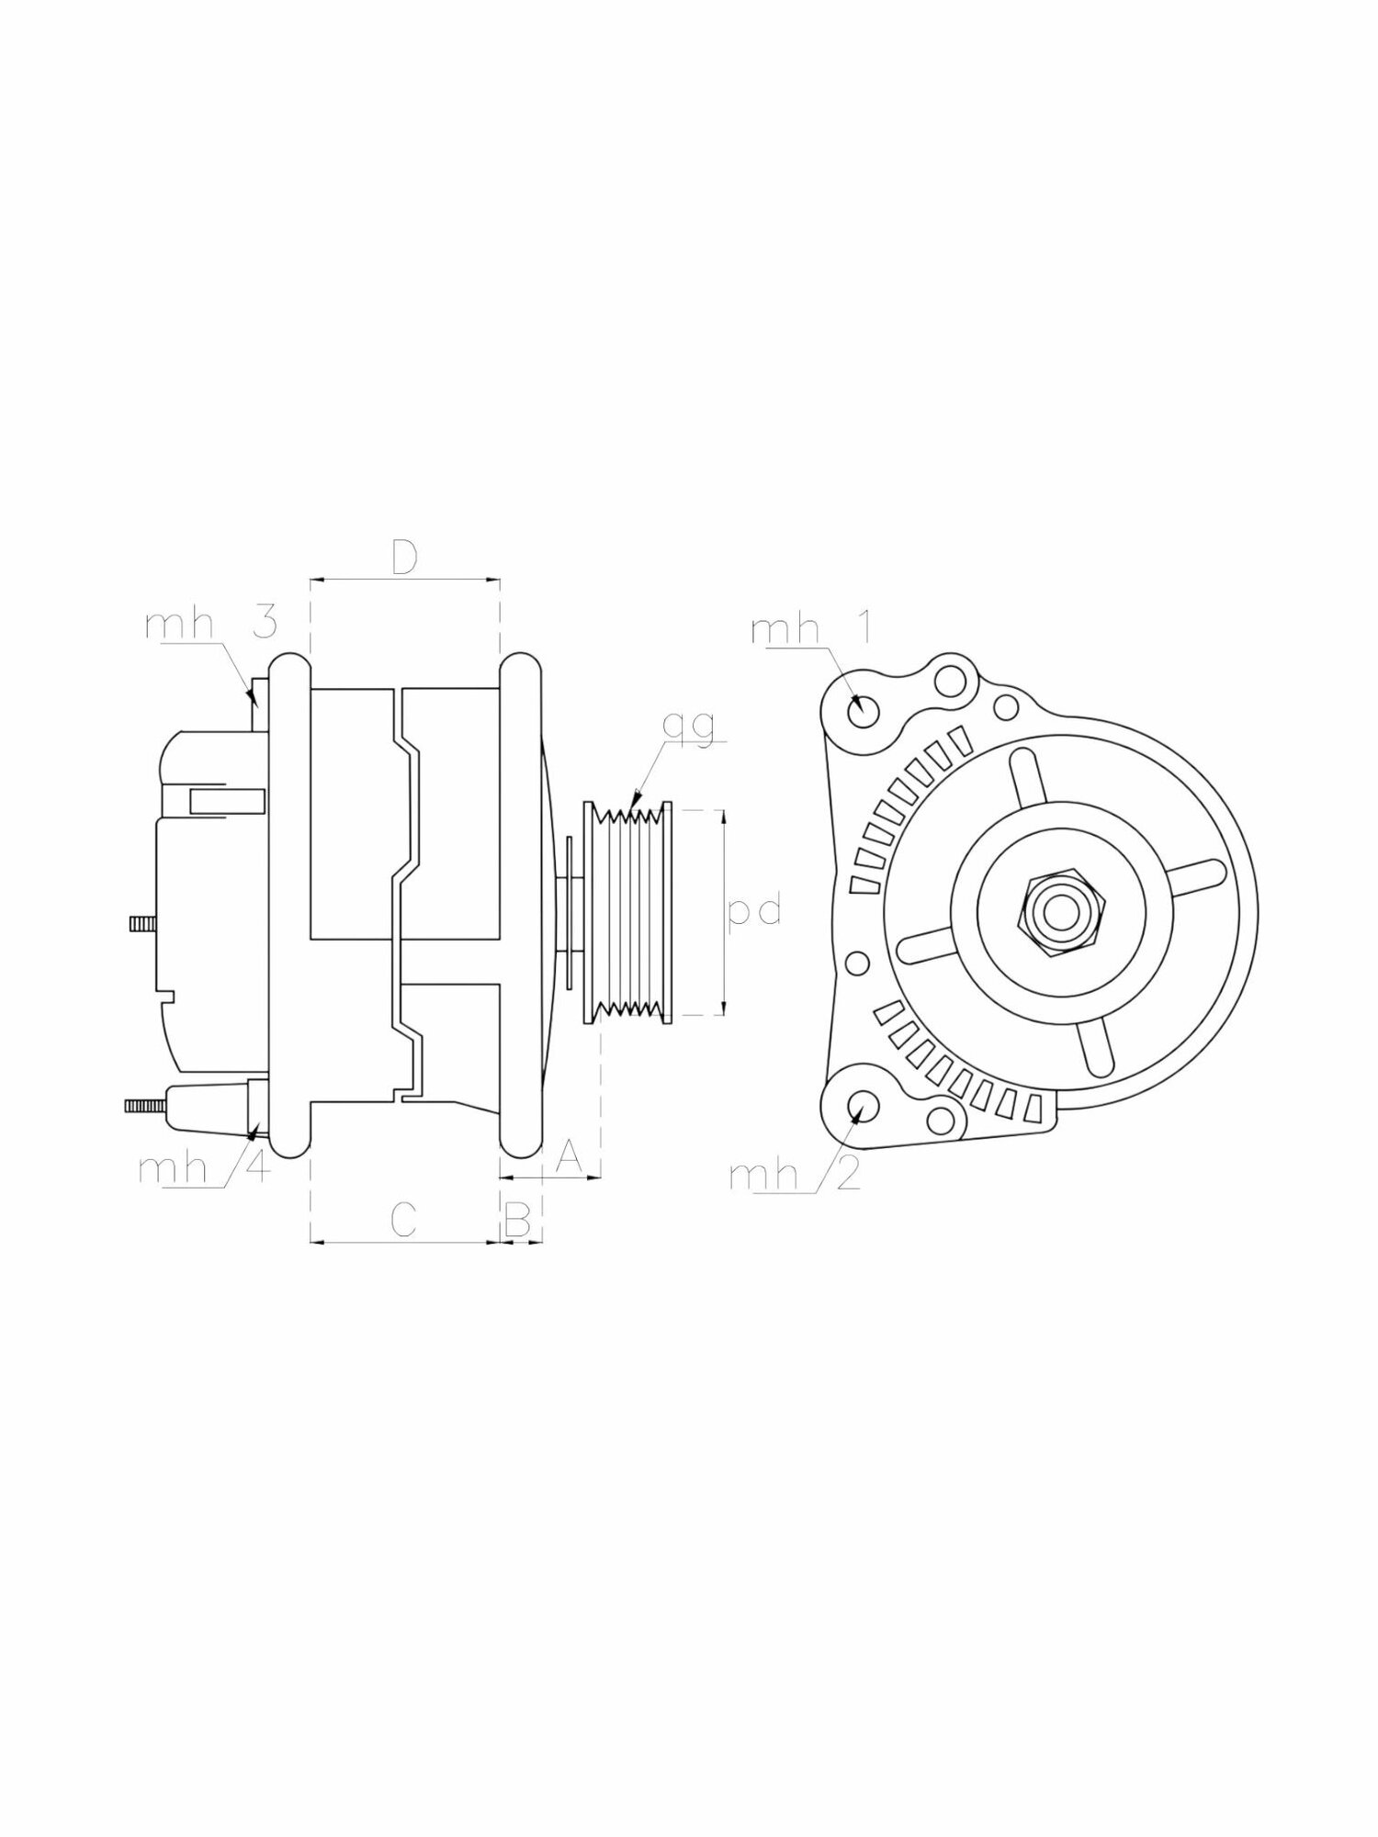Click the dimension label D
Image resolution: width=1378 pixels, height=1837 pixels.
coord(404,558)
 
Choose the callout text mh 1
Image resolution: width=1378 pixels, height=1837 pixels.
coord(811,630)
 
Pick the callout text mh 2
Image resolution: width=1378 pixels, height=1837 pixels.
coord(796,1175)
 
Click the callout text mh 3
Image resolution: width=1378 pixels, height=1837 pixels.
coord(211,625)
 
